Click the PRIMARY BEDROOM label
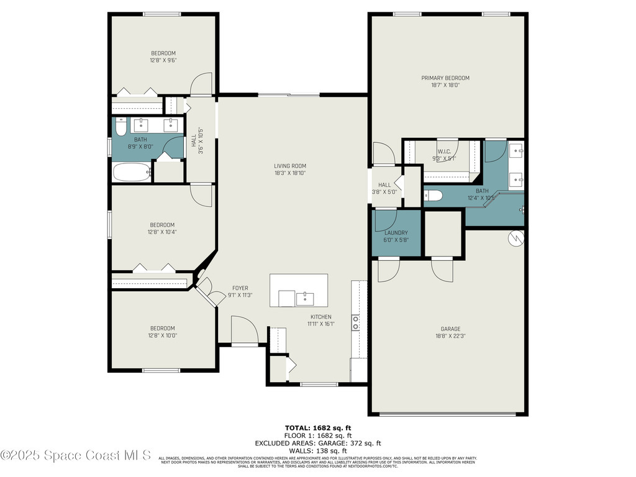pos(445,78)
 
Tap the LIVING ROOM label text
pos(290,166)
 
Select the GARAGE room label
pos(450,329)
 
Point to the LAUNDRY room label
pos(396,233)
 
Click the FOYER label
pos(240,288)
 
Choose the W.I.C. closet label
pos(443,151)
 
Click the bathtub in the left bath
pos(132,172)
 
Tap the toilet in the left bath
pos(120,126)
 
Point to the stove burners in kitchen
pos(356,322)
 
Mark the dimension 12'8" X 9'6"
pos(163,61)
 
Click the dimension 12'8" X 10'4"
pos(161,232)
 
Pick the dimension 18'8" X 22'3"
pos(450,336)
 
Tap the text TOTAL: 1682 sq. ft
pos(317,428)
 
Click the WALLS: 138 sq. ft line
pos(317,450)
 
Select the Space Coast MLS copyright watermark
pos(76,455)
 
